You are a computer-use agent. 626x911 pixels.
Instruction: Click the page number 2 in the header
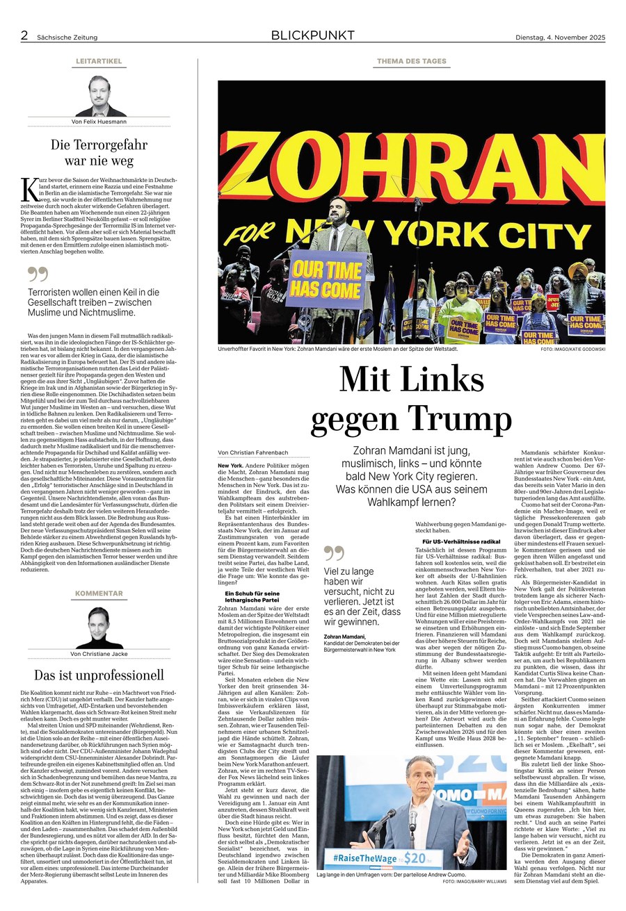pos(24,35)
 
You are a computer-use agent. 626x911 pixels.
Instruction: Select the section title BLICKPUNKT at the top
pos(312,35)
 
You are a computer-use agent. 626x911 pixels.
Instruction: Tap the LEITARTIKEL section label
pos(99,61)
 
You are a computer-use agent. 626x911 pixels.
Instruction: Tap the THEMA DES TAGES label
pos(412,61)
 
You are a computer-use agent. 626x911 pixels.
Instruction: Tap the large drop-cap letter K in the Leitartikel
pos(29,188)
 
